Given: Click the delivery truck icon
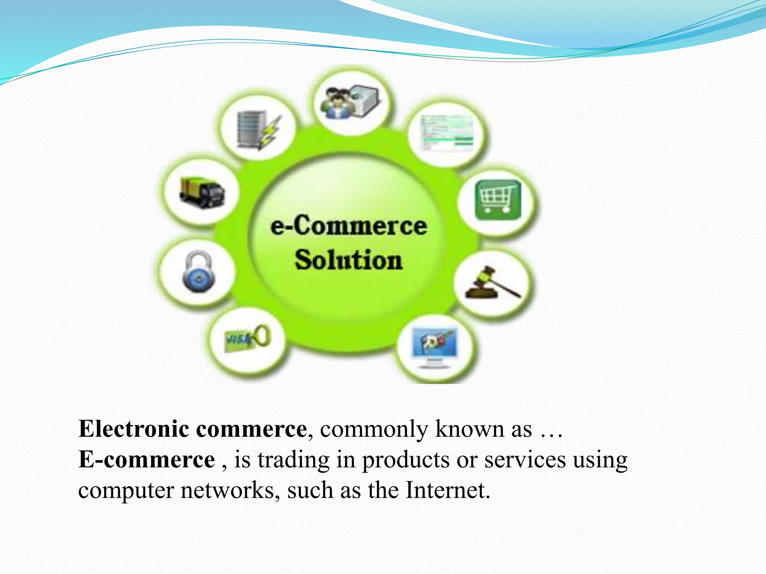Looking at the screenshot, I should click(202, 193).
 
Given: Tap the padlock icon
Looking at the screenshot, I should click(199, 272).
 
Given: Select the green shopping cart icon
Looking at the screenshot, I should click(498, 200).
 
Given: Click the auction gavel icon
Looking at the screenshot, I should click(491, 283).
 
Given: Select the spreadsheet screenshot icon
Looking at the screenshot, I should click(447, 133).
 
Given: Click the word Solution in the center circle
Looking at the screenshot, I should click(348, 260).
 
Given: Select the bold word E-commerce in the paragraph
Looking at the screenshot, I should click(147, 459).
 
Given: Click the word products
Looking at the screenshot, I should click(405, 460).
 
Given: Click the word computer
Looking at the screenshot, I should click(126, 491).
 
